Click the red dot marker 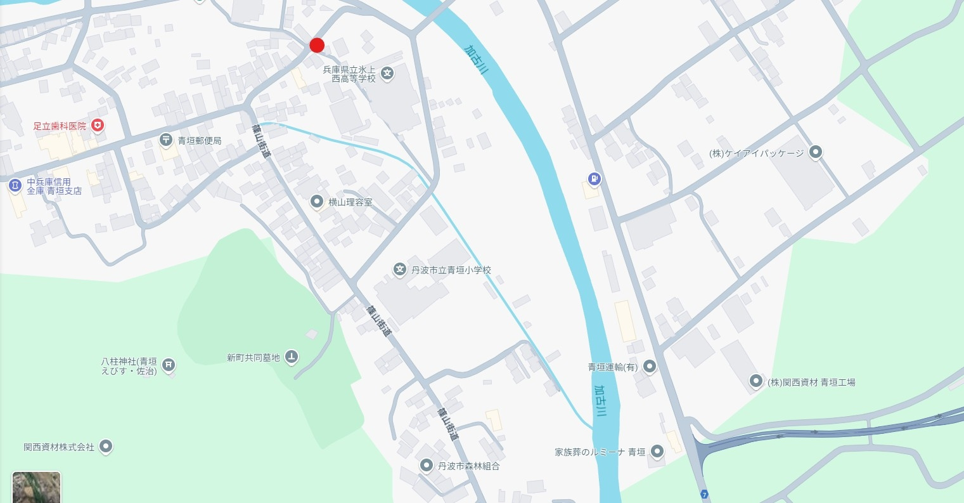317,45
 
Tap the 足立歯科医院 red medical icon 98,126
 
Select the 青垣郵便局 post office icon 165,140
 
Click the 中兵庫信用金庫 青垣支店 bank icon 15,186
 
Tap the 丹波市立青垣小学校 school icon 400,270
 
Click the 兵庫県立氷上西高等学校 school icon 387,74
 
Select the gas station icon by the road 594,180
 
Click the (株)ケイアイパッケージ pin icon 816,153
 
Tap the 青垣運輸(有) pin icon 649,367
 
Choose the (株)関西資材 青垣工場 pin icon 755,382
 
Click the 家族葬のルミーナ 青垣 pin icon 657,452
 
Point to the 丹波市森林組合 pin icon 427,466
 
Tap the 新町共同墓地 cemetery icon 291,357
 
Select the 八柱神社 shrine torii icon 169,364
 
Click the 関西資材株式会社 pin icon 106,447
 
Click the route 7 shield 704,494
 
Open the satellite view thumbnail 37,487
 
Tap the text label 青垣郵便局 199,140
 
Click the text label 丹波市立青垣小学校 451,270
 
